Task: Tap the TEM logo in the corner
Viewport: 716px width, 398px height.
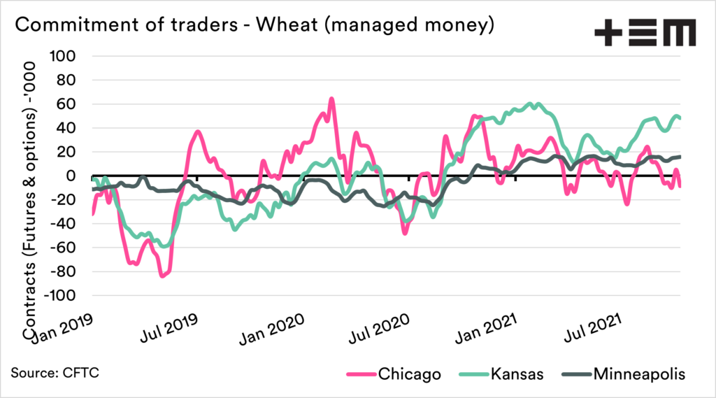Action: coord(644,31)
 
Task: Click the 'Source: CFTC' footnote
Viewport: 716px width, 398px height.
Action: coord(55,373)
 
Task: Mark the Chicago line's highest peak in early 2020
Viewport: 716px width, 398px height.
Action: coord(331,99)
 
